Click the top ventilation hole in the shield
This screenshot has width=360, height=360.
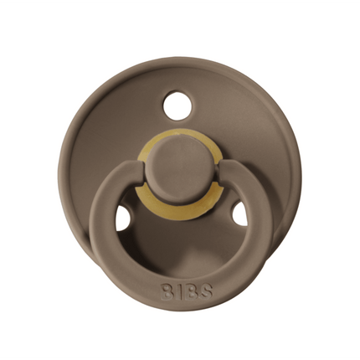pos(177,106)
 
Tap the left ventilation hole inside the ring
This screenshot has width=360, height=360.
pos(122,219)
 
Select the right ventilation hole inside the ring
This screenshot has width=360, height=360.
pos(239,214)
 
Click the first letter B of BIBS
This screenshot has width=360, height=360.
pos(167,291)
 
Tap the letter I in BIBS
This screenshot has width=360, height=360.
pos(178,291)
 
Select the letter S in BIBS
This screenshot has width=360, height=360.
pos(206,291)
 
